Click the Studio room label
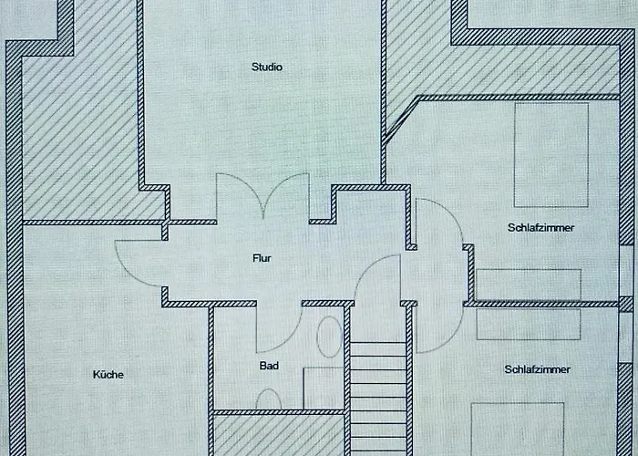(x=268, y=67)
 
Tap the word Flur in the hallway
(x=262, y=258)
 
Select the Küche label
(x=108, y=374)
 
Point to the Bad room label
(x=268, y=367)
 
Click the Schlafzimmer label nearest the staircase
(x=538, y=369)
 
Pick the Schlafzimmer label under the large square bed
(x=541, y=228)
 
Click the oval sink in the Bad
(x=328, y=337)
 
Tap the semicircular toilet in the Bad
(x=269, y=399)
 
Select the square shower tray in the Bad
(x=323, y=388)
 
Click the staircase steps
(x=377, y=397)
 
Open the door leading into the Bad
(x=278, y=328)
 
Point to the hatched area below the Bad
(x=277, y=435)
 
